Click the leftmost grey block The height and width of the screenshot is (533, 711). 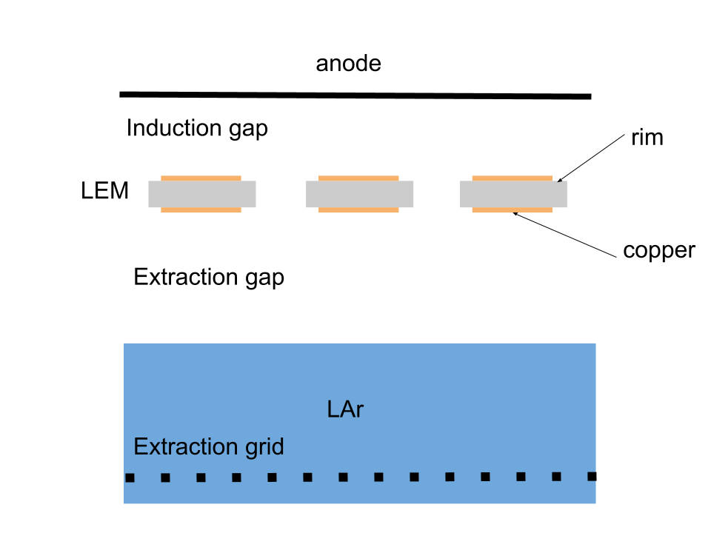pos(201,194)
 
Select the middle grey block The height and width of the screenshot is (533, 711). pos(359,194)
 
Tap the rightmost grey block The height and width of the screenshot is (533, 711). pos(513,194)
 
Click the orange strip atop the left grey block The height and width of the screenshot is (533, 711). pos(201,178)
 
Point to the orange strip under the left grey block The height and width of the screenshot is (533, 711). pos(201,210)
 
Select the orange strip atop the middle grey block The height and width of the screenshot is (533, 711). pos(358,178)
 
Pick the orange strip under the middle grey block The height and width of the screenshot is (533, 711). pos(358,210)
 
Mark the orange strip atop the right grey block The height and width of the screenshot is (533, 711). pos(512,178)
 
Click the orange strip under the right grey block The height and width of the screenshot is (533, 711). pos(512,210)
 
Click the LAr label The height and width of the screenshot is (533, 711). pos(345,409)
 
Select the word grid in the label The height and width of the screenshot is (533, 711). pos(264,447)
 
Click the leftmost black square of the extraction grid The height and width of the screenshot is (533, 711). pos(130,477)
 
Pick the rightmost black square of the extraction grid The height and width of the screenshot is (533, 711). pos(592,476)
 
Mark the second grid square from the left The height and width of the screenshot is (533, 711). pos(165,477)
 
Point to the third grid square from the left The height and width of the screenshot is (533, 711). pos(201,477)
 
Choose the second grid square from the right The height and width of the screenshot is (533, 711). pos(556,476)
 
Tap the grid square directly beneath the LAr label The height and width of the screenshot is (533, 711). pos(343,477)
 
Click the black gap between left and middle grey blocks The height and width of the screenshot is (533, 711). pos(281,194)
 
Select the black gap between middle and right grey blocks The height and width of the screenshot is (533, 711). pos(437,194)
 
